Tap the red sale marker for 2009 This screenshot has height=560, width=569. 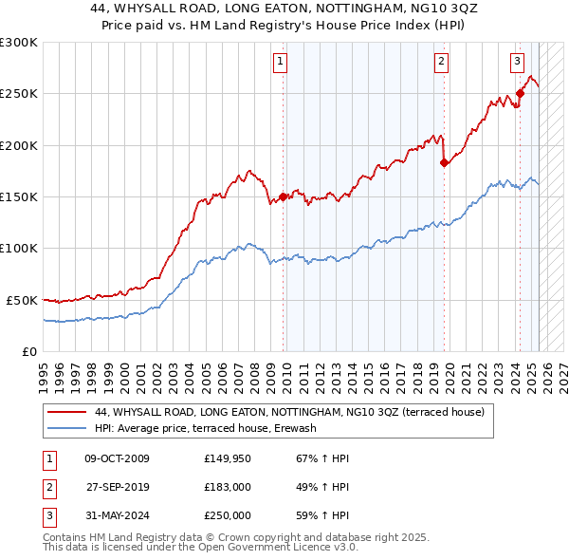283,197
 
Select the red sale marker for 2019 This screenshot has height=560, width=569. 444,162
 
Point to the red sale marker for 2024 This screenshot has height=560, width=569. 520,93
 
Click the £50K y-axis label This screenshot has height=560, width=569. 23,300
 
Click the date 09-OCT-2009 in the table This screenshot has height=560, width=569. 117,459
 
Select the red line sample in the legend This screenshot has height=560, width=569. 68,412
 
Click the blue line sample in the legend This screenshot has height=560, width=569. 68,428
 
